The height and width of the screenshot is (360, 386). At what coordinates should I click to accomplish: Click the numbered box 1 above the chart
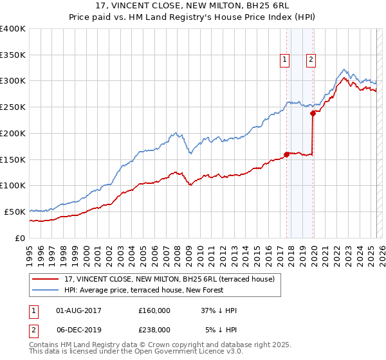point(284,60)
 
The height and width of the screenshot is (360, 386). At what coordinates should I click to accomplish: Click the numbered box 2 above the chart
point(311,60)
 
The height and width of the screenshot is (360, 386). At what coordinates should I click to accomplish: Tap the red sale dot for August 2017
point(286,154)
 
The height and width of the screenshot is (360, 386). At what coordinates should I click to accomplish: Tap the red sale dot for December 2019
point(313,113)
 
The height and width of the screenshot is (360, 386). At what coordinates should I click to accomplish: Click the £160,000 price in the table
point(154,310)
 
